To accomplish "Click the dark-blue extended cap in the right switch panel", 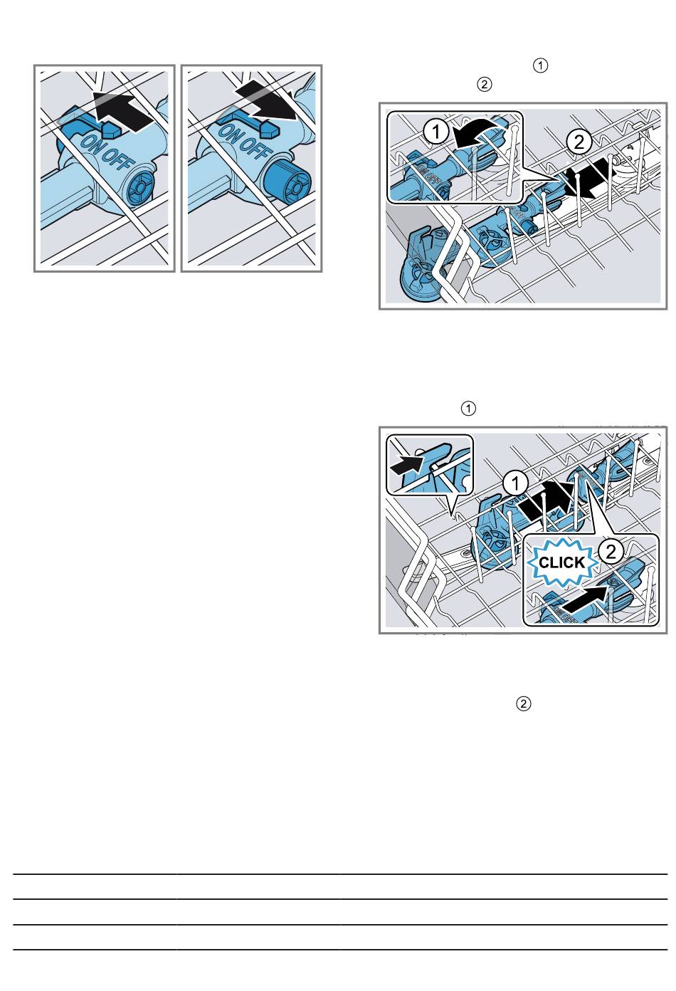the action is (287, 182).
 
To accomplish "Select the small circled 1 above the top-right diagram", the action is (541, 66).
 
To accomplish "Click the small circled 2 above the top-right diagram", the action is (484, 84).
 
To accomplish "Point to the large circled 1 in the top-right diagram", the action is (436, 132).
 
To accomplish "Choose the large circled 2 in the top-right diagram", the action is (579, 142).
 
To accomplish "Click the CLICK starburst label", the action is (561, 562).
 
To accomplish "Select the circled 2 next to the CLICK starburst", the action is (611, 552).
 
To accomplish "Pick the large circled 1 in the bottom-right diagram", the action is (515, 483).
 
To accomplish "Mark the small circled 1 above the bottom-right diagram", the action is (468, 409).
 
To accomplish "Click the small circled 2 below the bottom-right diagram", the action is (524, 704).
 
